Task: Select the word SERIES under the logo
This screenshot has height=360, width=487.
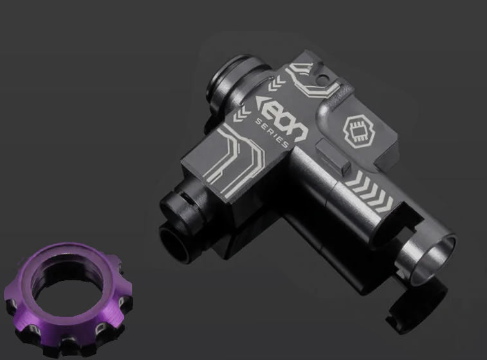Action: [x=270, y=132]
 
